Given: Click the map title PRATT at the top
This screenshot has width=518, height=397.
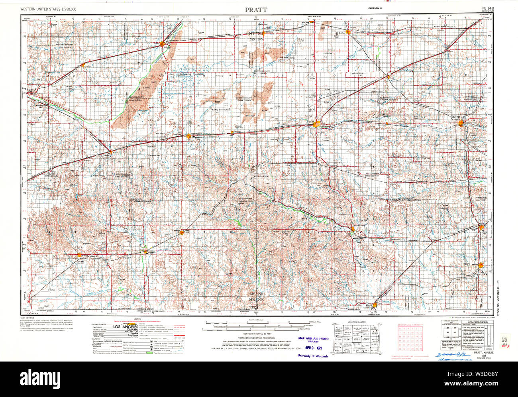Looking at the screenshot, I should click(x=257, y=9).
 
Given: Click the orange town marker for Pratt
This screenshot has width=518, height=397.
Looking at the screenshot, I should click(x=317, y=124).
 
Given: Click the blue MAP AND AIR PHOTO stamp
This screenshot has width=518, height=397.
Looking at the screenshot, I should click(x=313, y=339).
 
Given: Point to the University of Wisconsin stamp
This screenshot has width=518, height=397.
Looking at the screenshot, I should click(x=313, y=356).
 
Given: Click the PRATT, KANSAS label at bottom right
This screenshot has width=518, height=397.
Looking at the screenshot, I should click(x=484, y=354).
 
